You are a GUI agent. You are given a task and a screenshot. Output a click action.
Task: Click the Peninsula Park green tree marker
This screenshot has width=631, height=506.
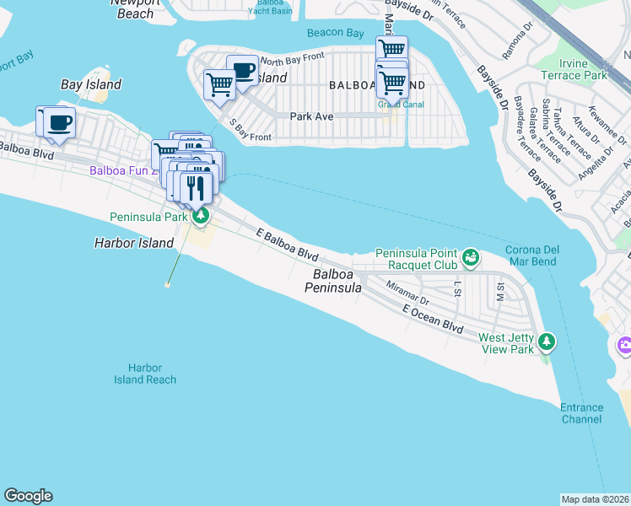pyautogui.click(x=200, y=217)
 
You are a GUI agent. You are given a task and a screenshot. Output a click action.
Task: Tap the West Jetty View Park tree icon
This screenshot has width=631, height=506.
pyautogui.click(x=547, y=342)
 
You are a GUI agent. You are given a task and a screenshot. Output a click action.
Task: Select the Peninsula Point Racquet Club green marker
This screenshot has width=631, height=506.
pyautogui.click(x=471, y=255)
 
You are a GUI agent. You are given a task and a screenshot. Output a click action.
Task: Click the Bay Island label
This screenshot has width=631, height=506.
pyautogui.click(x=91, y=84)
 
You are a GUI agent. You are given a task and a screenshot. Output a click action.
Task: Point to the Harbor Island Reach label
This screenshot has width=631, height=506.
pyautogui.click(x=145, y=374)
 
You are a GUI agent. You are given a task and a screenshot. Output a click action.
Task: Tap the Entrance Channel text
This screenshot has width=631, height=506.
pyautogui.click(x=582, y=413)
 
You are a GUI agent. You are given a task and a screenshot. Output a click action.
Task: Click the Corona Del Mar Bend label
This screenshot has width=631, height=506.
pyautogui.click(x=542, y=256)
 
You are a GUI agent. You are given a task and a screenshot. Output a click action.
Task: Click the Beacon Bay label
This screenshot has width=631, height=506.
pyautogui.click(x=336, y=33)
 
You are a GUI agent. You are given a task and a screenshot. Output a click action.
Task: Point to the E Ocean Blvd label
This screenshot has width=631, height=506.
pyautogui.click(x=434, y=320)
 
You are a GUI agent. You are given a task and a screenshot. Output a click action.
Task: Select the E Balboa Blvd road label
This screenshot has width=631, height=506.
pyautogui.click(x=288, y=244)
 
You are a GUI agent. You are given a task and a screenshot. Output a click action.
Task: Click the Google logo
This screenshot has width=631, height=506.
pyautogui.click(x=28, y=496)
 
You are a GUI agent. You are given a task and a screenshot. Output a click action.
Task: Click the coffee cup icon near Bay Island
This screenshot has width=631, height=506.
pyautogui.click(x=59, y=122)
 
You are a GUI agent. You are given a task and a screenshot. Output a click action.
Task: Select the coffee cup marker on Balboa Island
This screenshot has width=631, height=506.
pyautogui.click(x=242, y=70)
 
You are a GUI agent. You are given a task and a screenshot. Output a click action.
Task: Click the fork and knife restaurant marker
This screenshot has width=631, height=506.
pyautogui.click(x=197, y=187)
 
